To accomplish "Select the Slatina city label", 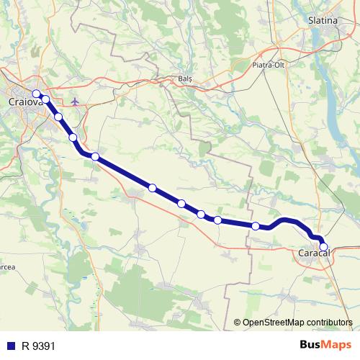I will (x=323, y=20).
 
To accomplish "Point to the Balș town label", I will (x=186, y=78).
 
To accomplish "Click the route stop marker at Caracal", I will (x=323, y=247).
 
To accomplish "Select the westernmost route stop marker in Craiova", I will (x=36, y=94).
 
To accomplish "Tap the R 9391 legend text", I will (x=38, y=346).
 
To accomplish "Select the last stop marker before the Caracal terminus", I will (x=256, y=226).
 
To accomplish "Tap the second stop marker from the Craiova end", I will (x=45, y=99).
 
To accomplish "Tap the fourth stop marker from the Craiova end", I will (x=73, y=138).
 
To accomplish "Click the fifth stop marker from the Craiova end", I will (x=94, y=156).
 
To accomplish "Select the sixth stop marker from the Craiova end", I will (x=152, y=188).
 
